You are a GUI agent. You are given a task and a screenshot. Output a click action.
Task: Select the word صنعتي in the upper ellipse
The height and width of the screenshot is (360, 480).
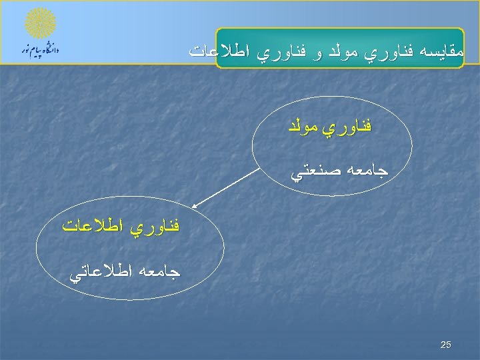(x=313, y=172)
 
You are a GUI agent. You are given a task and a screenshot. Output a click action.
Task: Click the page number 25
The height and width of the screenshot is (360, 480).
(x=446, y=345)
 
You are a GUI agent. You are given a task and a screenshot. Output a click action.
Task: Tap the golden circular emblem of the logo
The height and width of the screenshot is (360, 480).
(x=41, y=23)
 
